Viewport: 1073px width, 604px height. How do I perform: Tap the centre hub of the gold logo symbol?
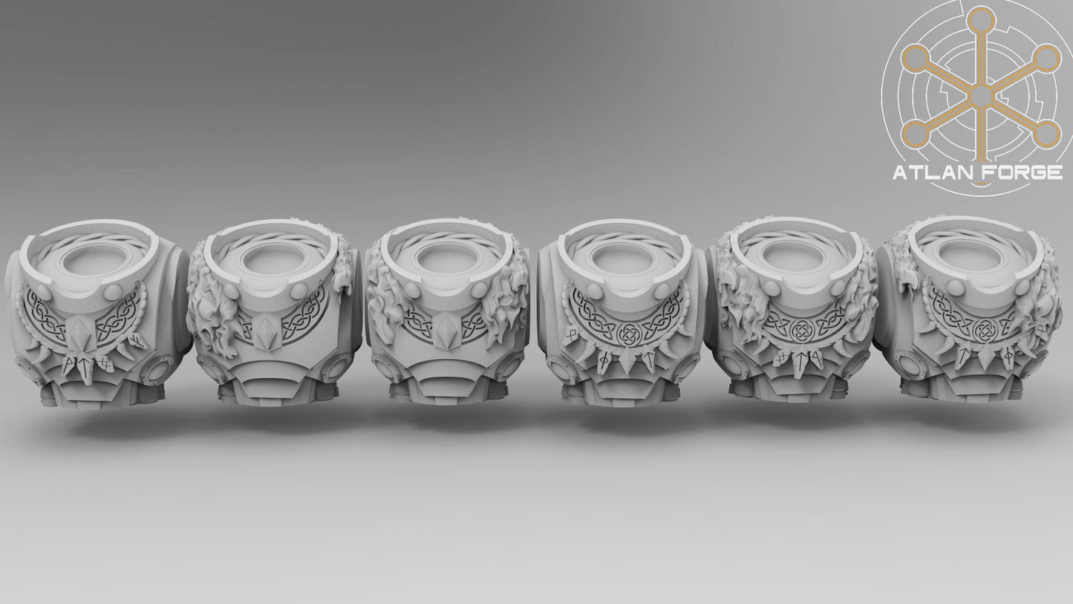(980, 96)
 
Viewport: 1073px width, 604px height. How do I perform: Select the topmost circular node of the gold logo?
(980, 19)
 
